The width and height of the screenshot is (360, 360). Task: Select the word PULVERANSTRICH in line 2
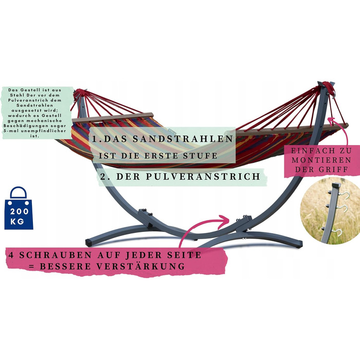coord(203,176)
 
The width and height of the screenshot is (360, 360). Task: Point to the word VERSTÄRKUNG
coord(140,266)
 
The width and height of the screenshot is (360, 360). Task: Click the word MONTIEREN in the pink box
coord(321,160)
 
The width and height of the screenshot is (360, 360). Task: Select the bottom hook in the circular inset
coord(337,232)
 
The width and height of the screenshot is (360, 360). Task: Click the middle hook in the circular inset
coord(341,208)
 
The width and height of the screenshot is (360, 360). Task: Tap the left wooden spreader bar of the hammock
coord(113,117)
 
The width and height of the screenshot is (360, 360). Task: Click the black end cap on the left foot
coord(89,243)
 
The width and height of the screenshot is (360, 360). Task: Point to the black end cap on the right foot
coord(299,244)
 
